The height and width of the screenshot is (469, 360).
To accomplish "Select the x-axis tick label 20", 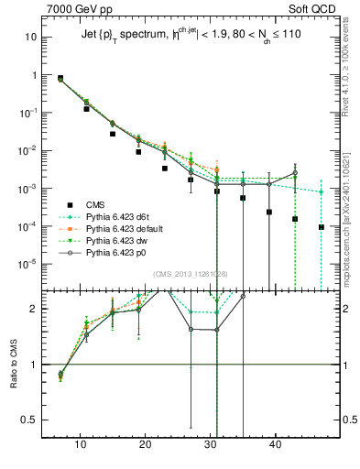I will tap(145, 444).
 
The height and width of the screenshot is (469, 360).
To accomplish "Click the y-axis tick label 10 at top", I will tap(31, 38).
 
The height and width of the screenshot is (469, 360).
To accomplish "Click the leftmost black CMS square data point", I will tap(60, 79).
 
